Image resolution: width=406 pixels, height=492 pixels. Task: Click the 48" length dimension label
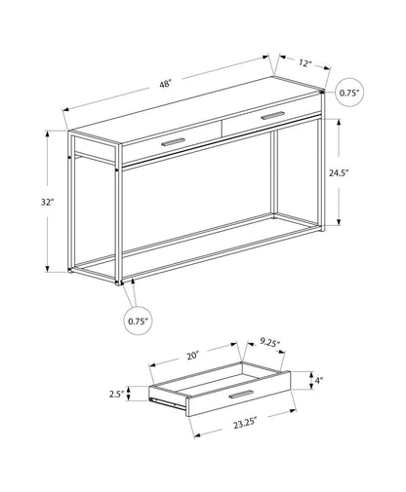[x=165, y=85]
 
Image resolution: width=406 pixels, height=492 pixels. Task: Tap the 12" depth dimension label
[x=304, y=63]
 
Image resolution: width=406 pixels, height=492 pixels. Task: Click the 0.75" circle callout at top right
[x=349, y=94]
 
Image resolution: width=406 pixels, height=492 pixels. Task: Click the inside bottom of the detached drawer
[x=220, y=377]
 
